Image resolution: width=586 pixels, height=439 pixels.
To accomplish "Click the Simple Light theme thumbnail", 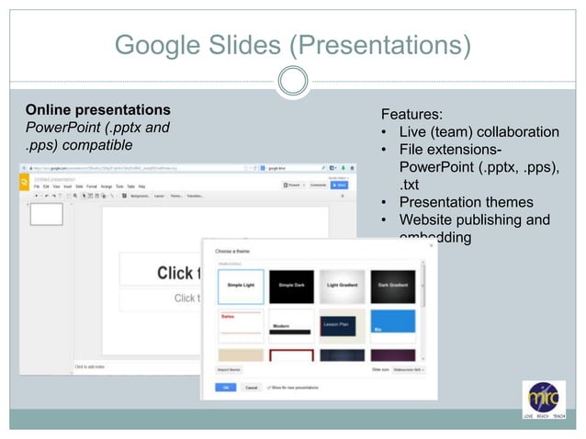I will [x=241, y=287].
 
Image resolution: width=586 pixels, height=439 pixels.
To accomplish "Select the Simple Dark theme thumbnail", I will [x=291, y=287].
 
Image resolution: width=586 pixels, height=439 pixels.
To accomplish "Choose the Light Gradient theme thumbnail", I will [x=342, y=287].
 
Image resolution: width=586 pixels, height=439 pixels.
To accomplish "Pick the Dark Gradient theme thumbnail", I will [x=392, y=287].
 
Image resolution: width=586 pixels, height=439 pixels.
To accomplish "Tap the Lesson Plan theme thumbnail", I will [x=342, y=326].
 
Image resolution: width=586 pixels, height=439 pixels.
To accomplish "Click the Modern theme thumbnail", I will [x=291, y=326].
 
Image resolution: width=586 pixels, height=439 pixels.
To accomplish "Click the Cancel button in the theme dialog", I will [x=252, y=388].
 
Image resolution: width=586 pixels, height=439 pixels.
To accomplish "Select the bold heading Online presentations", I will [x=97, y=108].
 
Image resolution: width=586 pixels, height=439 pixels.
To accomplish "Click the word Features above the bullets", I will [x=411, y=115].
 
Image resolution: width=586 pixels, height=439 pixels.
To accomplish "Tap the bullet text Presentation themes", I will [x=465, y=202].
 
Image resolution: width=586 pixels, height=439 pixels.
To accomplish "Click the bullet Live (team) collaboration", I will [x=478, y=132].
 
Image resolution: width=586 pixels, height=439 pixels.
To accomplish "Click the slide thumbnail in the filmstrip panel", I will [x=47, y=214].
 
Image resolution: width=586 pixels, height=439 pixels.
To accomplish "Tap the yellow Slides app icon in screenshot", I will [x=25, y=182].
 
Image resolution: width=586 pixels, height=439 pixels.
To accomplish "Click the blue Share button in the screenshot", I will [x=339, y=185].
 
